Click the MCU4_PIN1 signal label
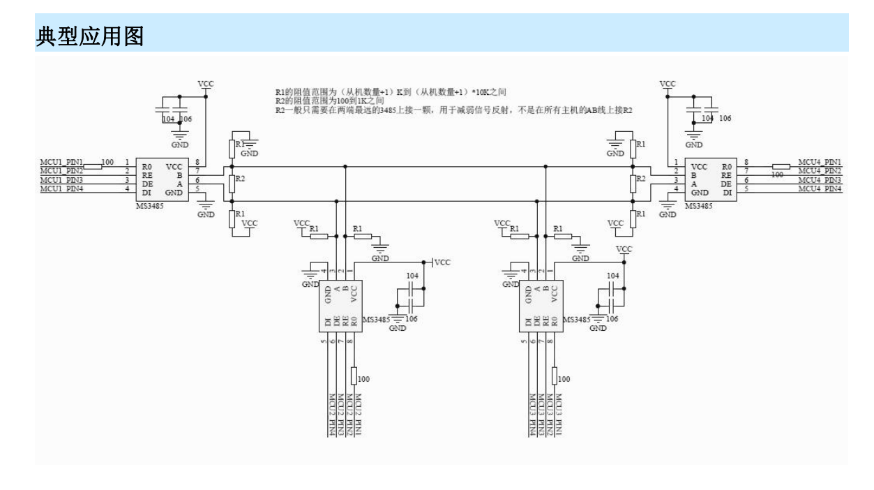(x=819, y=162)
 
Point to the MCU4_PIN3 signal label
(x=819, y=180)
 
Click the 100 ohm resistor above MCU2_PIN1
(x=354, y=376)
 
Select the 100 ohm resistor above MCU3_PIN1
(x=555, y=376)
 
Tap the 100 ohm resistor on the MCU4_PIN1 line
(x=781, y=168)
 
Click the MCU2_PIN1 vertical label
(x=358, y=413)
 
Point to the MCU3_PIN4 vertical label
(x=532, y=413)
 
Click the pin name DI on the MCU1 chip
(x=146, y=191)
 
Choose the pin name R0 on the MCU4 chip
(x=728, y=166)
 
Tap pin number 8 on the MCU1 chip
(x=197, y=162)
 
